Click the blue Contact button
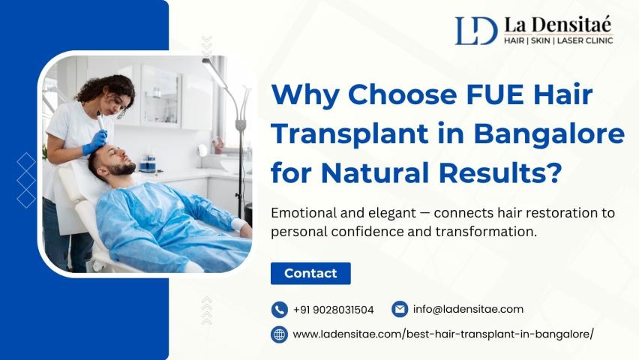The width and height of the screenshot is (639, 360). click(310, 273)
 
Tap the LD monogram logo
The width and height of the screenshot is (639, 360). click(476, 31)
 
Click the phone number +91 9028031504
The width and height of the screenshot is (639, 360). click(333, 310)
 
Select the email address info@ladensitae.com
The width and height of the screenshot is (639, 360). click(468, 309)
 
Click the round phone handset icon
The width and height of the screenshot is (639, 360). click(280, 310)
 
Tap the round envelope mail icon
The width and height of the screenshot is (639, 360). click(400, 309)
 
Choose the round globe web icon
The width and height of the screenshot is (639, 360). click(280, 334)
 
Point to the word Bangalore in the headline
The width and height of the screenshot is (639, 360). click(549, 134)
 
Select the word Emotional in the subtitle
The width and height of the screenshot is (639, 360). click(304, 213)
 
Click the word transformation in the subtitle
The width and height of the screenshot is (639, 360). click(486, 232)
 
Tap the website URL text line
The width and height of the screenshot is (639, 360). click(443, 334)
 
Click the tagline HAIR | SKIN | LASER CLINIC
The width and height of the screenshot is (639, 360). click(558, 40)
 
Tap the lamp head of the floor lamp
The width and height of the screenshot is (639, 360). click(214, 72)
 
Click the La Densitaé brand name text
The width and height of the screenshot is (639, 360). click(557, 25)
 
